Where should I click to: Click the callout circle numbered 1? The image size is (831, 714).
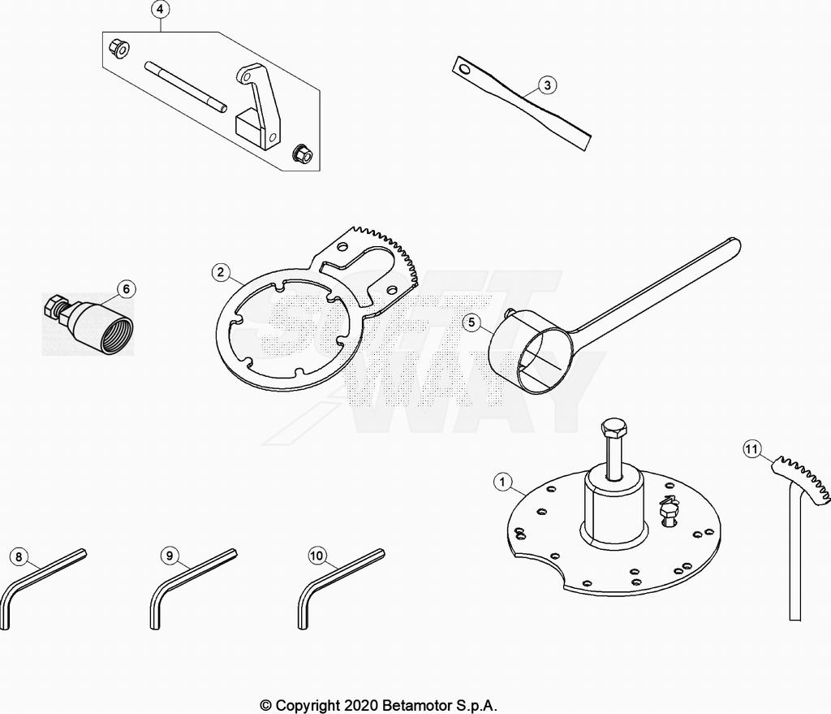pyautogui.click(x=504, y=482)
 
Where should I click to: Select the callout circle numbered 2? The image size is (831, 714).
pyautogui.click(x=220, y=272)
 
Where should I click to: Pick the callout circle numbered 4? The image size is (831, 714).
pyautogui.click(x=161, y=10)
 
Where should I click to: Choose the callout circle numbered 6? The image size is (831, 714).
pyautogui.click(x=126, y=288)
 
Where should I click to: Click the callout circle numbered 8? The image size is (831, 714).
pyautogui.click(x=18, y=557)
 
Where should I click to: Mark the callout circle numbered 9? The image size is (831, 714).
pyautogui.click(x=169, y=556)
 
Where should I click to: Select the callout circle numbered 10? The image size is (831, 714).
pyautogui.click(x=317, y=556)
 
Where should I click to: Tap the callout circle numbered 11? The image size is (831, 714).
pyautogui.click(x=752, y=448)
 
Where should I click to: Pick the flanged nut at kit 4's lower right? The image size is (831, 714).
pyautogui.click(x=299, y=152)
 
